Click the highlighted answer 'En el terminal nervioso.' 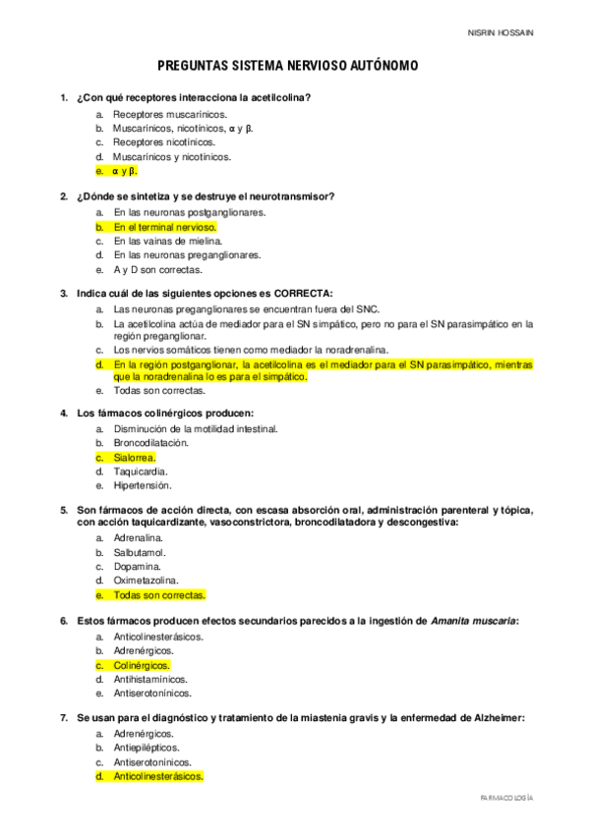click(164, 227)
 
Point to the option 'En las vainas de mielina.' click(167, 241)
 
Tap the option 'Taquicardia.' click(142, 472)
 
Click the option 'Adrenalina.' click(139, 538)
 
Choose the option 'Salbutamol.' click(139, 552)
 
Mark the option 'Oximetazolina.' click(145, 581)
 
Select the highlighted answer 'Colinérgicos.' click(141, 665)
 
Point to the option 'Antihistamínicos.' click(149, 679)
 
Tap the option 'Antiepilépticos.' click(147, 748)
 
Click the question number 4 click(64, 414)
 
